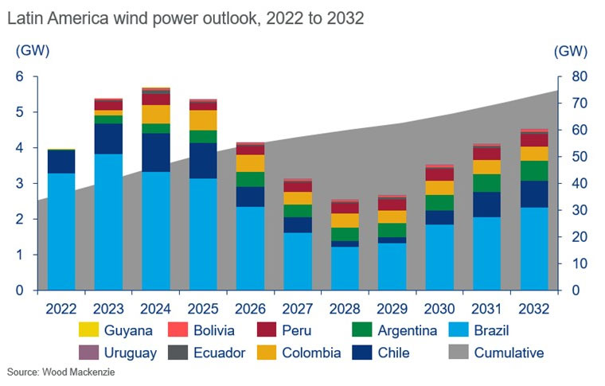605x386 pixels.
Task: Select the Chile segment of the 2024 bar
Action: tap(155, 152)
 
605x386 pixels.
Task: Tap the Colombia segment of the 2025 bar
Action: tap(202, 120)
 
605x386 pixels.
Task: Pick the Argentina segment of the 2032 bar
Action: tap(533, 171)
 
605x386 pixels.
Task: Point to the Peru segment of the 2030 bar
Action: tap(439, 174)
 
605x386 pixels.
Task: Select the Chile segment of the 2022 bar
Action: tap(61, 162)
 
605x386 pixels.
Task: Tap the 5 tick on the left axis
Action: tap(19, 112)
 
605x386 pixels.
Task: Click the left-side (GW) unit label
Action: tap(32, 52)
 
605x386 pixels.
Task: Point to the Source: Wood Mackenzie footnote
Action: tap(57, 372)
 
